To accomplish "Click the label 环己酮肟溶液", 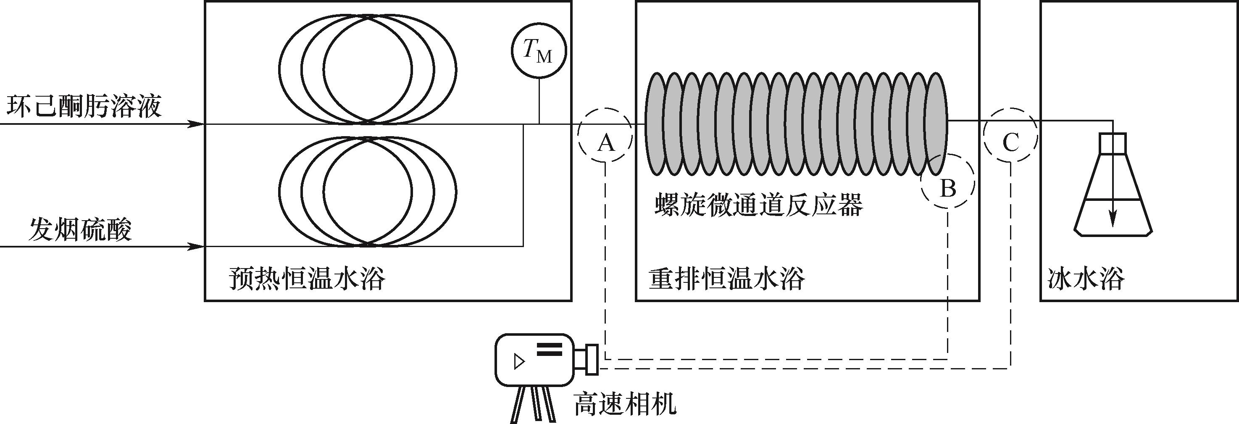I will [x=84, y=107].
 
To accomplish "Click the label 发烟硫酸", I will [x=80, y=230].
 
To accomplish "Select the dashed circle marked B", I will [x=947, y=182].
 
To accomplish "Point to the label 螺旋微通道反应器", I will [x=758, y=205].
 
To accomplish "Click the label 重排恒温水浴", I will [x=726, y=279].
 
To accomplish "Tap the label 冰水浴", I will [x=1086, y=279].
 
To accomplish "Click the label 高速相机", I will [x=625, y=404].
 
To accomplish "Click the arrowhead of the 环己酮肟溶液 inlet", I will [x=195, y=124].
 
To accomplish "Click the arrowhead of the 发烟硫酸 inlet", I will [x=195, y=247].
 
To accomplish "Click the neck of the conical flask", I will [x=1113, y=143].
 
